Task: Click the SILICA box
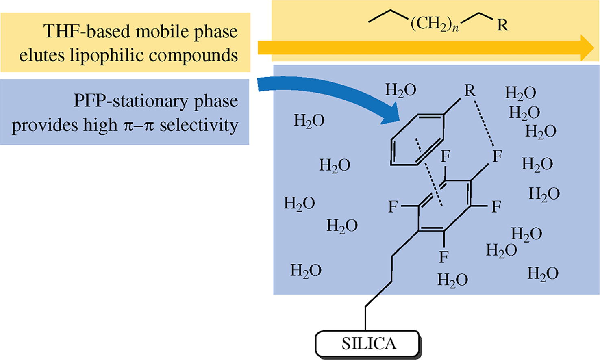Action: click(368, 344)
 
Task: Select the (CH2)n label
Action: click(434, 24)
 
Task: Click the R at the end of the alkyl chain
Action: click(502, 25)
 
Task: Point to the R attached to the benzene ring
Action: click(470, 90)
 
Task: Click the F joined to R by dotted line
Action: click(497, 156)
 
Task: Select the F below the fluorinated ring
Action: click(444, 256)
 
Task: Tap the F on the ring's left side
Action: click(393, 207)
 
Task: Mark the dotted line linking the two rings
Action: click(429, 173)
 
